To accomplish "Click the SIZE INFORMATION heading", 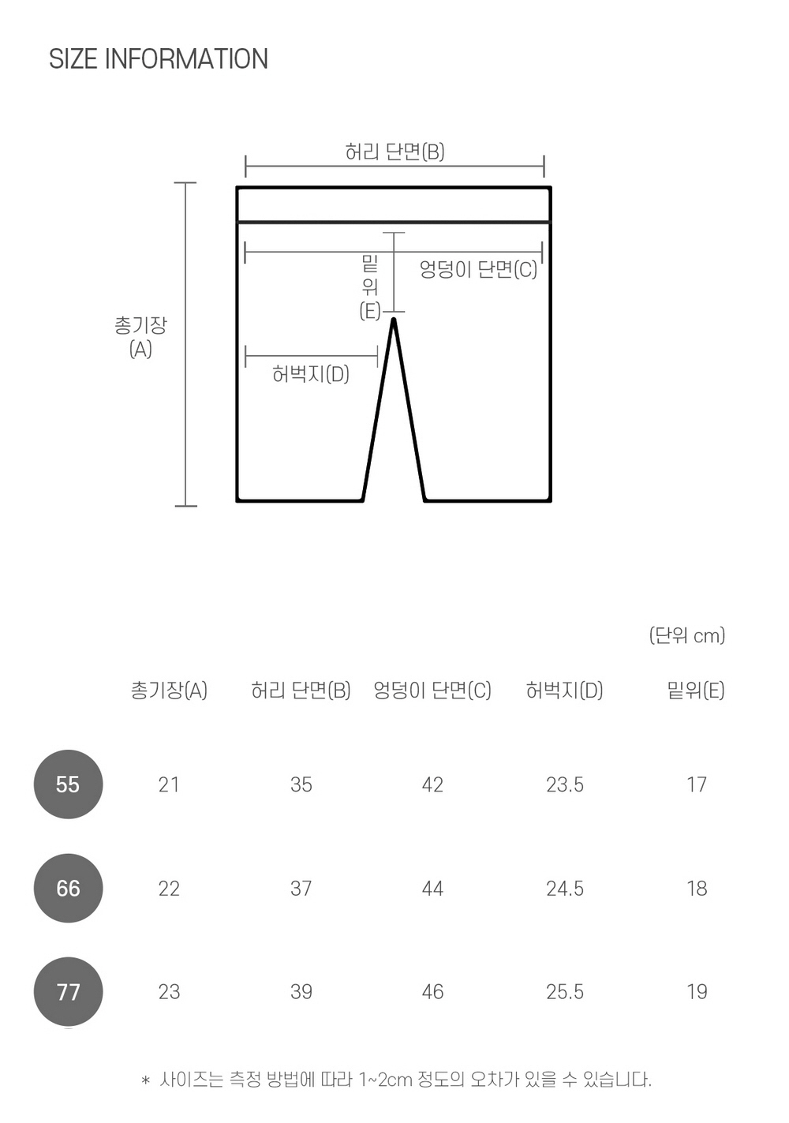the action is coord(159,58).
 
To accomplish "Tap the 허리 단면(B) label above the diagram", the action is coord(395,152).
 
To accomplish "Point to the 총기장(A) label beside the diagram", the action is coord(140,337).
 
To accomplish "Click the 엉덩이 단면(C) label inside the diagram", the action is coord(478,269).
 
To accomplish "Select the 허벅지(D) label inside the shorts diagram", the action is coord(311,374).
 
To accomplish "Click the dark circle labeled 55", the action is coord(68,784).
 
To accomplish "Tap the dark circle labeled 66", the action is coord(68,888).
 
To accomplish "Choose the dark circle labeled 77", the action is coord(68,992).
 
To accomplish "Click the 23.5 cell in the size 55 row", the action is coord(565,784).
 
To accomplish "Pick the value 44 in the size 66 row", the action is coord(432,889).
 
